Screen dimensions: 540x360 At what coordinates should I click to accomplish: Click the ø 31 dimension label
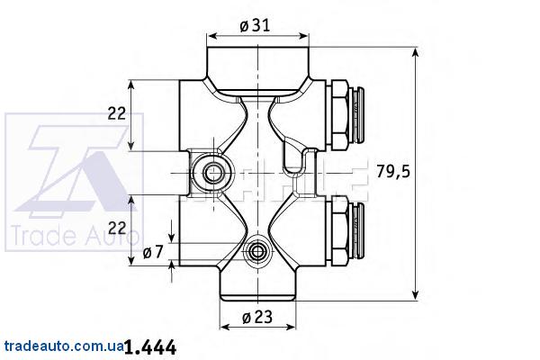(x=255, y=25)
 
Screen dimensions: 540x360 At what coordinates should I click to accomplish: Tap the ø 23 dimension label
(x=256, y=317)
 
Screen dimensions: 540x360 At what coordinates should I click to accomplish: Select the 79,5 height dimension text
(x=393, y=171)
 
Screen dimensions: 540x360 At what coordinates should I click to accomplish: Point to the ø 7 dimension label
(x=153, y=253)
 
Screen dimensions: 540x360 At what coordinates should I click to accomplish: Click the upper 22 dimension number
(x=117, y=113)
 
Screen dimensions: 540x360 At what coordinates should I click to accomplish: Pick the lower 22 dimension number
(x=117, y=228)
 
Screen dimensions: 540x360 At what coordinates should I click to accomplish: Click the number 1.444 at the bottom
(x=149, y=347)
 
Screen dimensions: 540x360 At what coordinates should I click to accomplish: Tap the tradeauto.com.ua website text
(x=64, y=346)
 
